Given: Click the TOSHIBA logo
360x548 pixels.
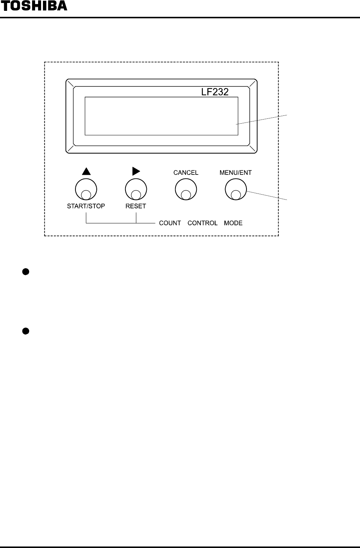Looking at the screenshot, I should (34, 6).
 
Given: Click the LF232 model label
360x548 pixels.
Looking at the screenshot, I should (215, 92).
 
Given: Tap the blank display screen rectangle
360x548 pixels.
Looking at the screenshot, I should (161, 116).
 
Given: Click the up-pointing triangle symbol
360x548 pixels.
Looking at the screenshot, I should (86, 171).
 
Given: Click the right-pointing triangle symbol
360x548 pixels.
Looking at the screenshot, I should (136, 171).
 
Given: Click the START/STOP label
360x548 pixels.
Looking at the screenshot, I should (86, 206).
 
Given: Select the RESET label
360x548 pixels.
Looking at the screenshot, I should (136, 206).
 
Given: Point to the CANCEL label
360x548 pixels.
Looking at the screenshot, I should (186, 173).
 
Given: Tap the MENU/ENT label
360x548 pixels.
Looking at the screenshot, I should (236, 173).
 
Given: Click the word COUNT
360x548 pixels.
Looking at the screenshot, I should (170, 223).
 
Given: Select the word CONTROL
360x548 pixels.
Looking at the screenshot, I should (202, 223).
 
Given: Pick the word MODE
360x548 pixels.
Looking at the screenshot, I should (233, 223).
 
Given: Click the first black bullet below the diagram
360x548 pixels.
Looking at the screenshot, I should (26, 272).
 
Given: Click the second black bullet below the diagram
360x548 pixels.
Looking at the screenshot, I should (26, 331).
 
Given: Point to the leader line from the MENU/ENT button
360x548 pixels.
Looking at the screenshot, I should (267, 196).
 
